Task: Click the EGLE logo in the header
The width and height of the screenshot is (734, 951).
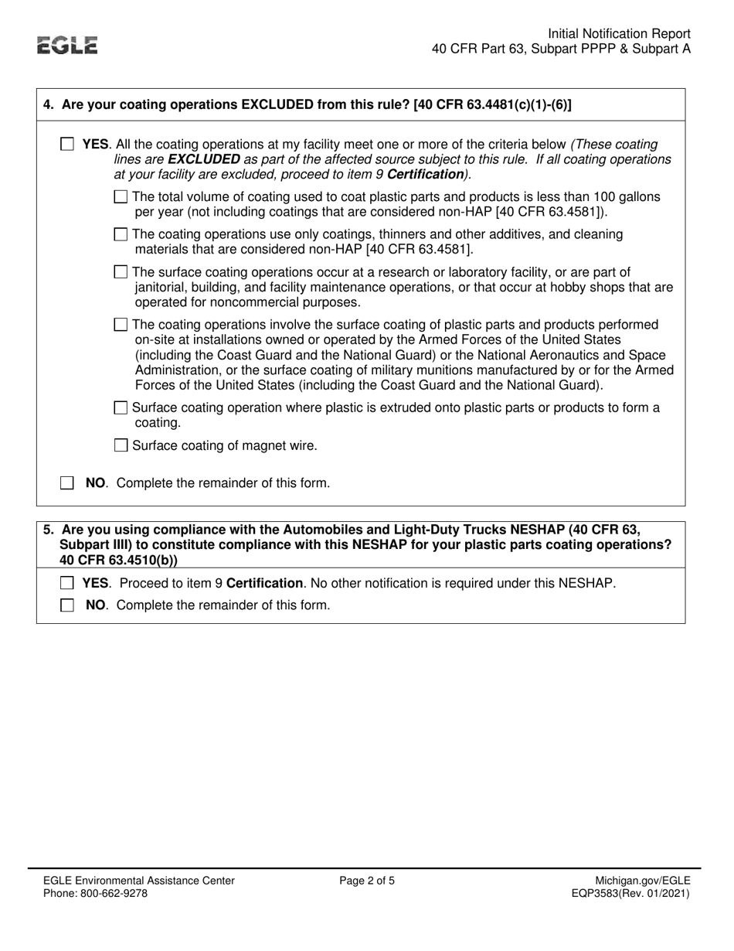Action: point(69,46)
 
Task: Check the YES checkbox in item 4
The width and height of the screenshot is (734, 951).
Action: point(67,145)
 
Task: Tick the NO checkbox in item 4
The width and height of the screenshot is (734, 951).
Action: point(67,483)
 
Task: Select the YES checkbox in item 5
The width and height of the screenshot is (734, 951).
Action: point(67,583)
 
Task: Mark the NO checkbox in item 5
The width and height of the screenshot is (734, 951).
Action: point(67,605)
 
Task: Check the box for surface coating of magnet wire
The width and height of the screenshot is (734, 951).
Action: point(121,445)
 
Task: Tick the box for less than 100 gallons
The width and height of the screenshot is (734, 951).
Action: point(121,197)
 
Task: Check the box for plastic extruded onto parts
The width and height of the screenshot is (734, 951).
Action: point(121,408)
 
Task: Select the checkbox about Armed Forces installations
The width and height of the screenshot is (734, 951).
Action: point(121,324)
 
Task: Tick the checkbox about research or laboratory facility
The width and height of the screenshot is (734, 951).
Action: point(121,272)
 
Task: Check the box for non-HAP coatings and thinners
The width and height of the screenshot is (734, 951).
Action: point(121,234)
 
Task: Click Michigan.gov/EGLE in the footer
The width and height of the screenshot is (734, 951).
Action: point(643,881)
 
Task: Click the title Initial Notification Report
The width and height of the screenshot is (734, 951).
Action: point(619,34)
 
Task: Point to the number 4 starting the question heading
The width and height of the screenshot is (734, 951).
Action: point(49,105)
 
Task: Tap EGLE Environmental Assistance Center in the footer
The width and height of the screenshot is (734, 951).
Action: point(138,881)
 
